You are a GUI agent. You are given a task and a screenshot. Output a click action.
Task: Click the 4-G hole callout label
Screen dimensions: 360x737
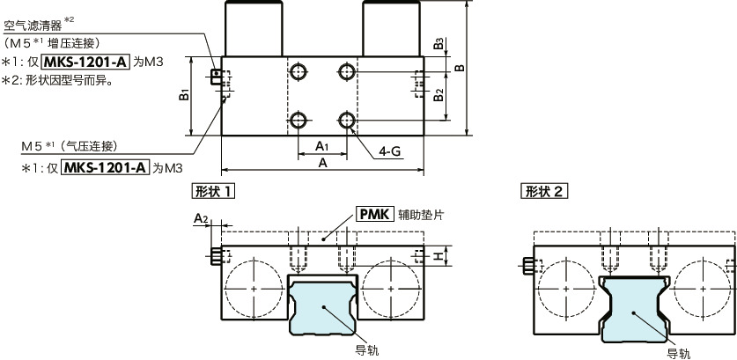click(390, 151)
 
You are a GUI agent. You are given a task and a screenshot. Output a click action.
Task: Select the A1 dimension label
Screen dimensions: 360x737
click(322, 145)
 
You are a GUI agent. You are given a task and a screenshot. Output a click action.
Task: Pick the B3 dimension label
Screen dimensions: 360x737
click(439, 44)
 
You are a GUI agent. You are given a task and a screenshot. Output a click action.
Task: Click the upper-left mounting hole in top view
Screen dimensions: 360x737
click(299, 70)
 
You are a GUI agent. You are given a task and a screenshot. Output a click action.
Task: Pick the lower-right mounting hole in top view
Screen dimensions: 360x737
click(348, 119)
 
